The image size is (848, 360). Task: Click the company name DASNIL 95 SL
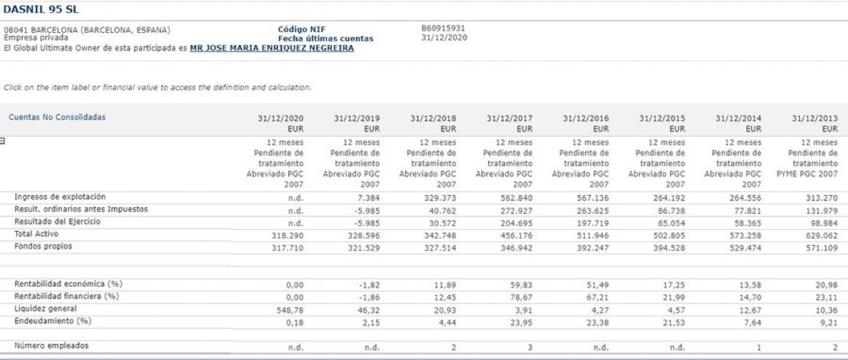click(x=41, y=9)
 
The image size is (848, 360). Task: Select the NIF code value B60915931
click(x=442, y=29)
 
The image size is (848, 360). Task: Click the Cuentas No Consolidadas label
click(x=57, y=117)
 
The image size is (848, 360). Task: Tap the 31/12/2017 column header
click(x=510, y=118)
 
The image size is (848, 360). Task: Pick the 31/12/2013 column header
click(x=814, y=118)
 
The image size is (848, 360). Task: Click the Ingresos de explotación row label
click(x=60, y=197)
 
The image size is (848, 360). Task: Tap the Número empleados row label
click(x=51, y=346)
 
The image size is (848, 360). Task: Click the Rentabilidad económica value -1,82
click(x=367, y=284)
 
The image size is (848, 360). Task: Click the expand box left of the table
click(x=3, y=141)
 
